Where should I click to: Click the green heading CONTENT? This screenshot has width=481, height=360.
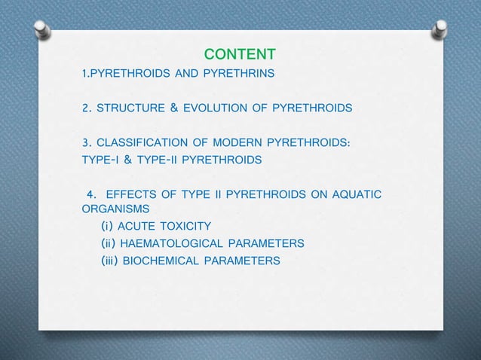[x=240, y=54]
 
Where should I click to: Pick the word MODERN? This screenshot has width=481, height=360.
[x=230, y=143]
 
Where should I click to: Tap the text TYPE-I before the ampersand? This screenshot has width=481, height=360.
[x=102, y=160]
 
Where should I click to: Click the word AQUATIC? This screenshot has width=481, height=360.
[x=354, y=195]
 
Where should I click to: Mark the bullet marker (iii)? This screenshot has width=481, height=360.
[x=110, y=261]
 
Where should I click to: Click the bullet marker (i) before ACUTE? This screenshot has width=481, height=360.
[x=107, y=226]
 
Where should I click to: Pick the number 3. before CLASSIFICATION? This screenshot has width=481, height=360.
[x=87, y=143]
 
